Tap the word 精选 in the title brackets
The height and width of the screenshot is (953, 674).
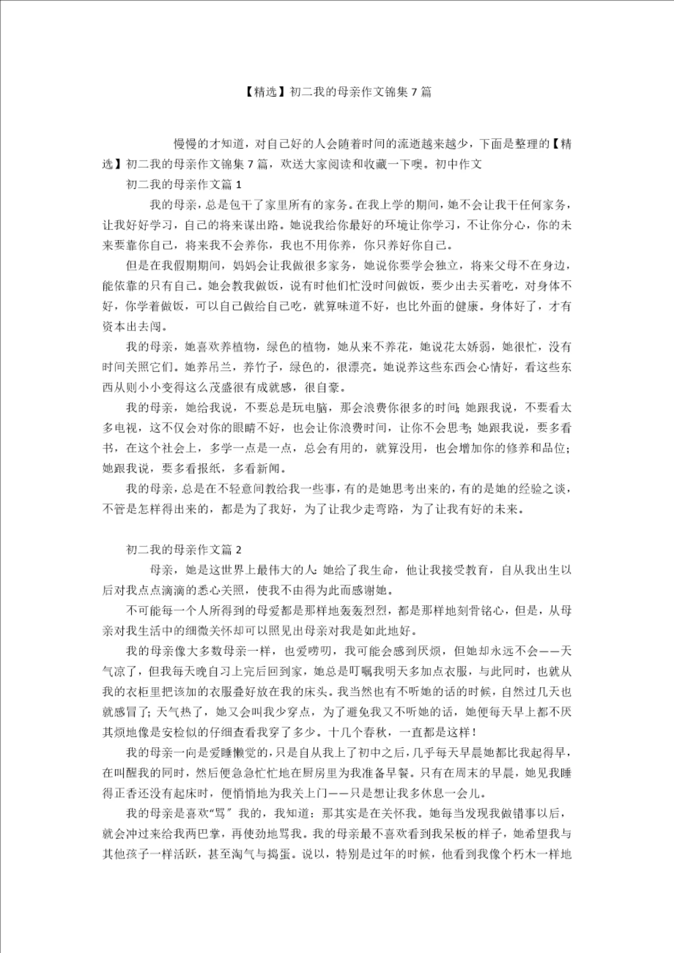click(x=265, y=92)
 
